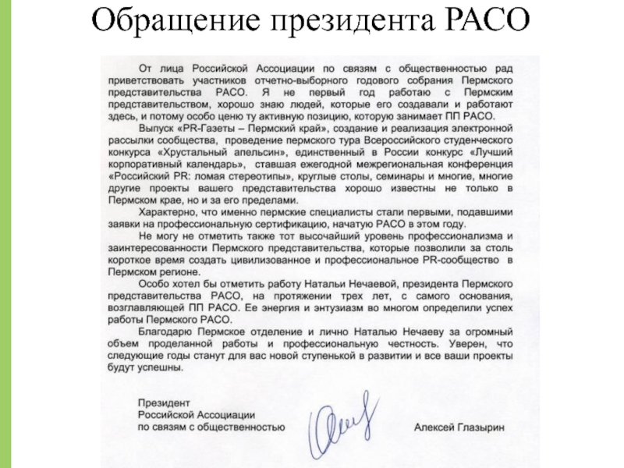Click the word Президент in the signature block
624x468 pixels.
tap(159, 403)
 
